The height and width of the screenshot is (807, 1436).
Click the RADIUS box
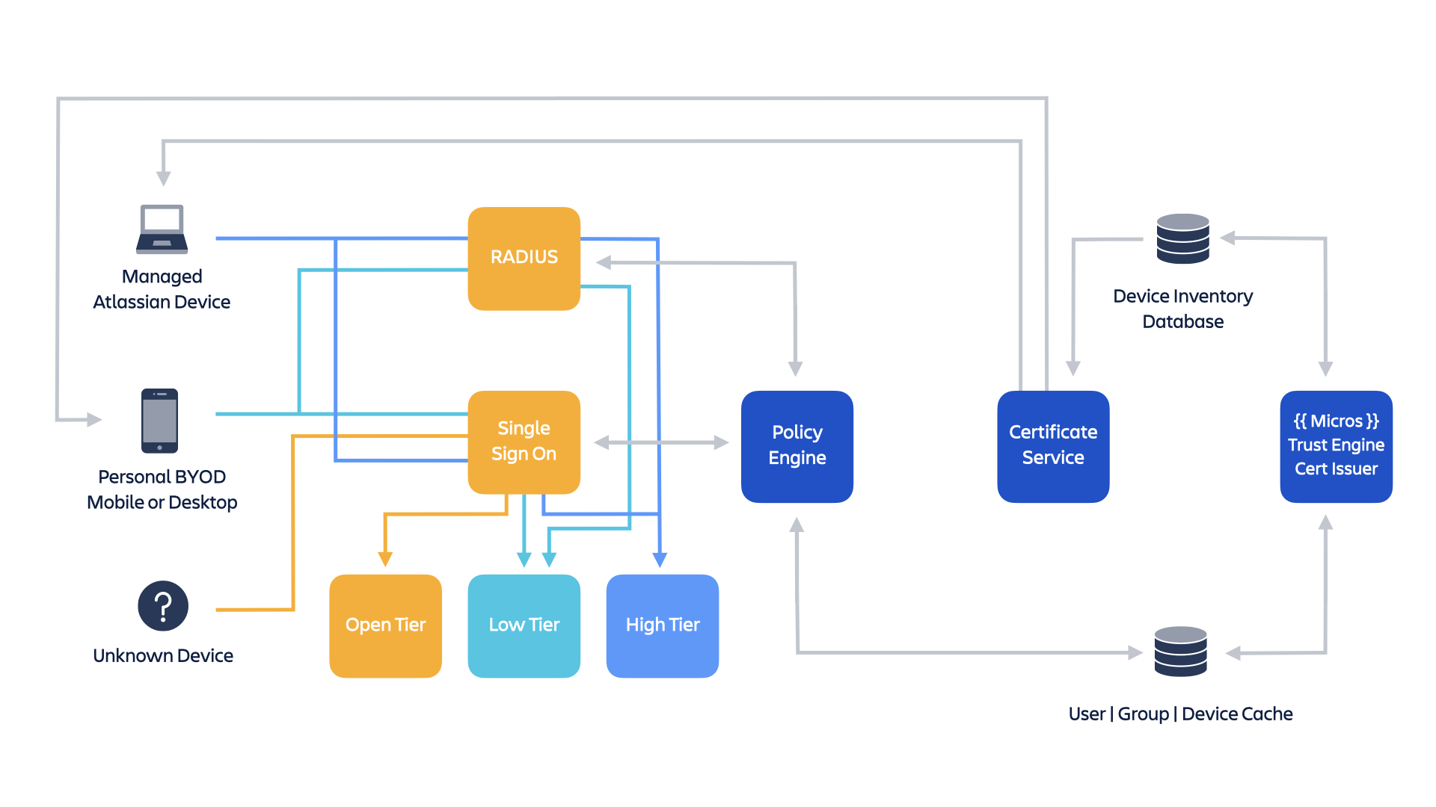tap(524, 258)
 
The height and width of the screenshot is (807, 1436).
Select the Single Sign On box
tap(524, 442)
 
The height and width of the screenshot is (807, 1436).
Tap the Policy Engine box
tap(797, 446)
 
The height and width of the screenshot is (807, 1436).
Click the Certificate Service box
tap(1052, 446)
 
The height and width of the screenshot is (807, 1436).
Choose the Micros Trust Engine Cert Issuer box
tap(1336, 446)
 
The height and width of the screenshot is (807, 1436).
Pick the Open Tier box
tap(385, 625)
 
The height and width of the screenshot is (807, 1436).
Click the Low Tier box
tap(524, 625)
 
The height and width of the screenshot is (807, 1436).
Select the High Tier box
tap(662, 625)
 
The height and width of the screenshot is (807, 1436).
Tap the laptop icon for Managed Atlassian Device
tap(162, 229)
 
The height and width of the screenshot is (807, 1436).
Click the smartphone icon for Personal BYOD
tap(159, 420)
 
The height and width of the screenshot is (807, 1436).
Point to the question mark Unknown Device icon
tap(162, 605)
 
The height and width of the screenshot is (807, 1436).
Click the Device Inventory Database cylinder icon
tap(1182, 238)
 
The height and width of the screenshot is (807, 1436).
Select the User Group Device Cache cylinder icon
tap(1180, 652)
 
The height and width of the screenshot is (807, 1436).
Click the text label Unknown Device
tap(162, 655)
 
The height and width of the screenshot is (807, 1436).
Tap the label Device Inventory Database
tap(1182, 309)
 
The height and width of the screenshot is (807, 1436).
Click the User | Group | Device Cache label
tap(1180, 714)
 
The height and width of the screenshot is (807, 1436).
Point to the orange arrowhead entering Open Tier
tap(385, 560)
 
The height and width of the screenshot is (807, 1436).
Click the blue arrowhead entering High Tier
tap(660, 560)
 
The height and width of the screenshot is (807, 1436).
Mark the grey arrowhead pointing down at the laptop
tap(163, 179)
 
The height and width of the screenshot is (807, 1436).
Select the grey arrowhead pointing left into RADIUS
tap(604, 262)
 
